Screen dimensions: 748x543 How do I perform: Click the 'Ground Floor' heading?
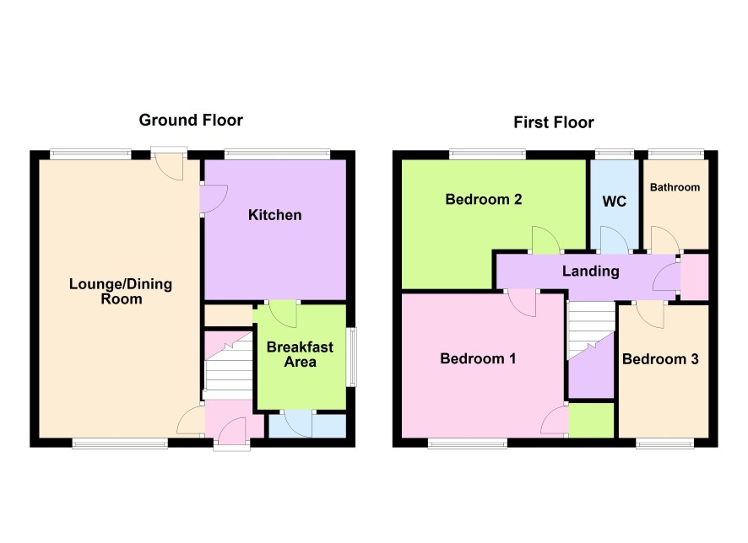click(191, 120)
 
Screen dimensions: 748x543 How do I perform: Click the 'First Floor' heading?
click(553, 122)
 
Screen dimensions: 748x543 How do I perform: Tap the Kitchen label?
click(274, 215)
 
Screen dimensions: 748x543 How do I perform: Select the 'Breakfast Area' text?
click(300, 354)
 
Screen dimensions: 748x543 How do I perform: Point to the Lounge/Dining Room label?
click(121, 292)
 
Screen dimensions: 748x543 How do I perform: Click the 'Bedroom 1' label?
click(478, 358)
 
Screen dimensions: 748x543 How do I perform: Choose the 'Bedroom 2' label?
click(484, 199)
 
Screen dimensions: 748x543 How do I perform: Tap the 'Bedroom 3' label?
click(660, 358)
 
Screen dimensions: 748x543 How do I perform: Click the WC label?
click(614, 202)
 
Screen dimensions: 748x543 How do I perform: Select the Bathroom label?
click(675, 187)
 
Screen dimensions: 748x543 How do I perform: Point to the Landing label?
click(591, 271)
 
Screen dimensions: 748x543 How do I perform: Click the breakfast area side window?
click(351, 357)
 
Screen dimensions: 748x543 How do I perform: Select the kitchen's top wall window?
click(277, 153)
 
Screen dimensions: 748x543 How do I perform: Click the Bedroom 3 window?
click(665, 444)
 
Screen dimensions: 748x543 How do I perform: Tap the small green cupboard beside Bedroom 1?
click(591, 420)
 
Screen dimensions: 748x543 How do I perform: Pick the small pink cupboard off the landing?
click(694, 277)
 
